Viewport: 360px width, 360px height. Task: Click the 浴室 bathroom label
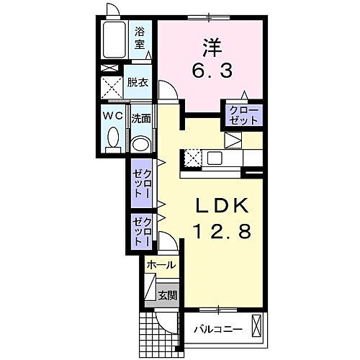pos(140,37)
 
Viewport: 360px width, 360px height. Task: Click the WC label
pos(115,117)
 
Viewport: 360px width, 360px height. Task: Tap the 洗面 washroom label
pos(140,118)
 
